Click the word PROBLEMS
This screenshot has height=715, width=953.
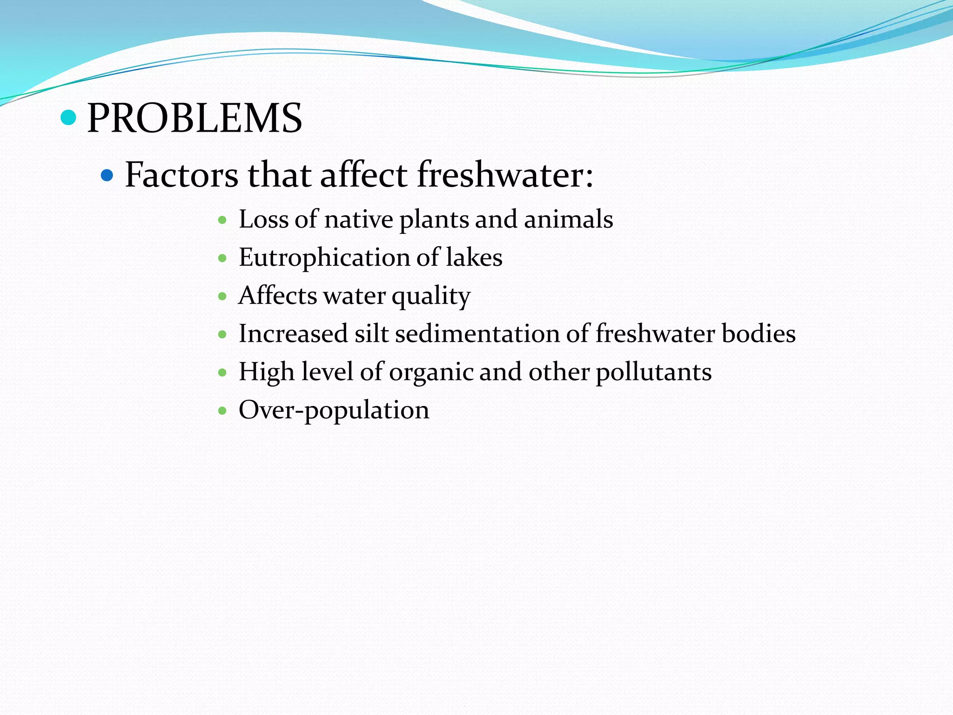tap(195, 119)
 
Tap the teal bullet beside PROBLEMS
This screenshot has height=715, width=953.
tap(68, 117)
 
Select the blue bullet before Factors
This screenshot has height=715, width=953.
tap(107, 175)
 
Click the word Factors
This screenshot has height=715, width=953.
tap(181, 175)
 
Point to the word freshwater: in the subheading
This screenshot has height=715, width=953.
tap(505, 175)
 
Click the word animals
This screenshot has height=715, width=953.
tap(568, 219)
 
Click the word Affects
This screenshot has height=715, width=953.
tap(277, 296)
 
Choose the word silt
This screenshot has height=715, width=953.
tap(371, 334)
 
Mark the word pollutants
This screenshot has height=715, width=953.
tap(653, 372)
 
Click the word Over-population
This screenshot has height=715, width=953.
tap(334, 411)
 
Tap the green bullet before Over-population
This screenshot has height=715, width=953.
tap(222, 411)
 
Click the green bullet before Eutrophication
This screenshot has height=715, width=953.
tap(222, 258)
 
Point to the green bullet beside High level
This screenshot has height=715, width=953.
tap(222, 372)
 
